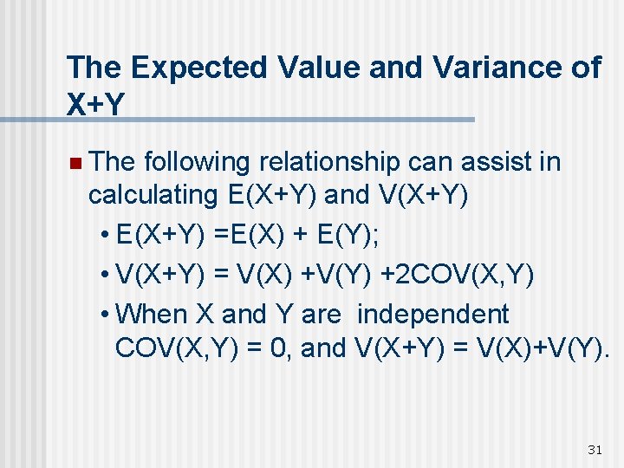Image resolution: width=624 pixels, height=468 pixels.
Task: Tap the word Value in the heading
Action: tap(309, 68)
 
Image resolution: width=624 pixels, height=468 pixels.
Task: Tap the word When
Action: tap(147, 314)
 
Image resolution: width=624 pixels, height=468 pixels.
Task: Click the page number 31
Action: tap(595, 449)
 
